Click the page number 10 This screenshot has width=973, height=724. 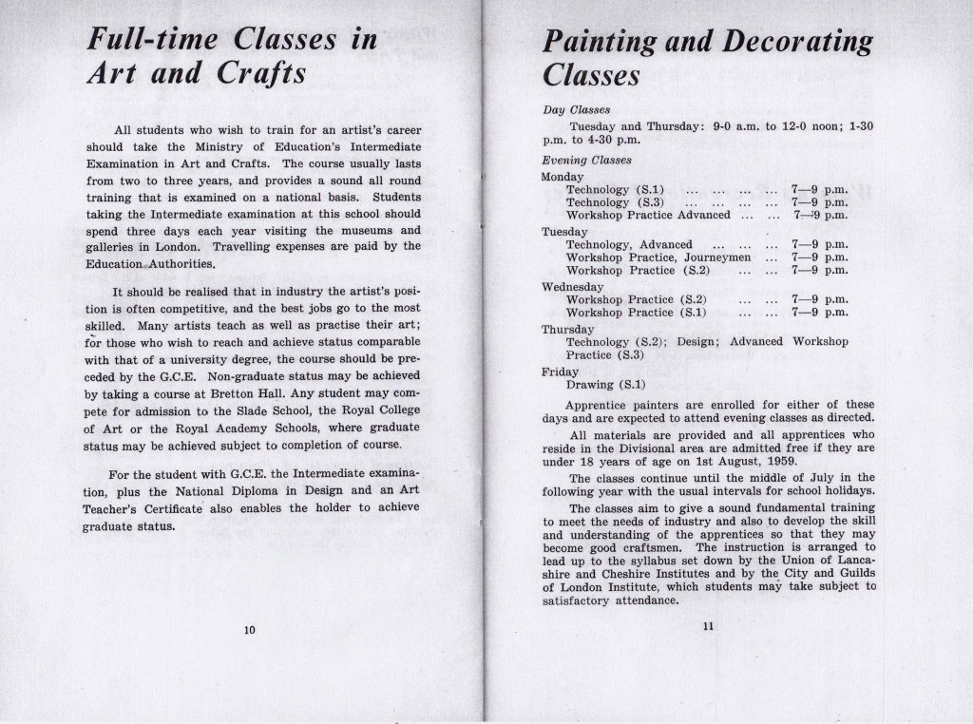tap(250, 629)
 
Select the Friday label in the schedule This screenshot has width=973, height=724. tap(559, 372)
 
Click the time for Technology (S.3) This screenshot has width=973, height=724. tap(818, 202)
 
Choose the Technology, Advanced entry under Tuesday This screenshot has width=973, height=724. tap(629, 244)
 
